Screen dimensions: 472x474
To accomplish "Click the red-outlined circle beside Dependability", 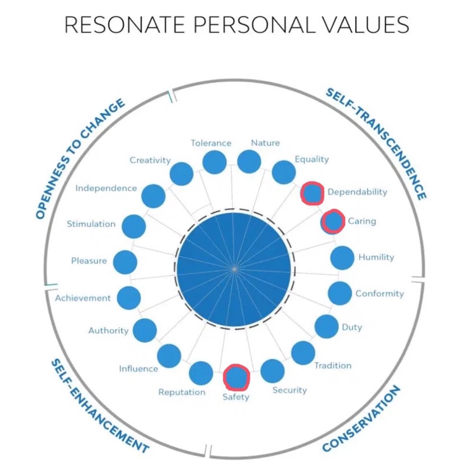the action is pos(312,193).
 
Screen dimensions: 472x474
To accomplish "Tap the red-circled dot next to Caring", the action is pos(333,221).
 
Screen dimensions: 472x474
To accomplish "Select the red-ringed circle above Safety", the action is pos(236,377).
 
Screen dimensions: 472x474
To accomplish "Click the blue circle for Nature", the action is pos(249,162).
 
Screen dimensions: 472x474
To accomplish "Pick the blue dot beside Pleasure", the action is pos(125,262).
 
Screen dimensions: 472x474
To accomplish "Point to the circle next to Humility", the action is pos(342,258).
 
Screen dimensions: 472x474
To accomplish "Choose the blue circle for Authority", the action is pos(145,330).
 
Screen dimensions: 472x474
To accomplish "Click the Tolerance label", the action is pos(211,142).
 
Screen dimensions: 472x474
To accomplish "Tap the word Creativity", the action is pos(150,160).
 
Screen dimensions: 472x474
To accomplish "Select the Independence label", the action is pos(106,188).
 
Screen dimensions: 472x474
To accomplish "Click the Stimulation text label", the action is pos(91,224).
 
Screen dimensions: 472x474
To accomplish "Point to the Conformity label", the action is pos(380,294).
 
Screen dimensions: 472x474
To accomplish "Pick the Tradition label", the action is pos(333,366).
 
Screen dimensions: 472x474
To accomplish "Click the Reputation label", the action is pos(182,392).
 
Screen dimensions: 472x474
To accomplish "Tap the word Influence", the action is pos(138,368).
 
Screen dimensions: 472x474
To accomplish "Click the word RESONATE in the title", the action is pos(124,24).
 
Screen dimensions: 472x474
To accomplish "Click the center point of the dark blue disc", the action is pos(234,269).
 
